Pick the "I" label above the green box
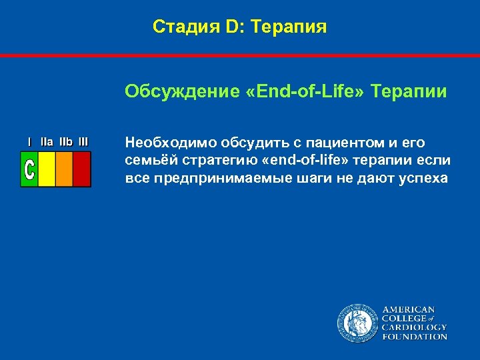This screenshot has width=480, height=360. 29,142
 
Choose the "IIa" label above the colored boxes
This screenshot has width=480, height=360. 47,142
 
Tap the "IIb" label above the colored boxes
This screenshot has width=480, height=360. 65,142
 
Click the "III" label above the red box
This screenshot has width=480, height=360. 83,142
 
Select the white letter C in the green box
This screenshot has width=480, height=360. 29,169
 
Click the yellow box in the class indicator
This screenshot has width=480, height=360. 47,169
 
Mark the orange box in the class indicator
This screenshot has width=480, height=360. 64,169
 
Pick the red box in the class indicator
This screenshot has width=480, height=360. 81,169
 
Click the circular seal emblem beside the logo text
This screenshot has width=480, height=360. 357,323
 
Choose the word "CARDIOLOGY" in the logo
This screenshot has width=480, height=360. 414,327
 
